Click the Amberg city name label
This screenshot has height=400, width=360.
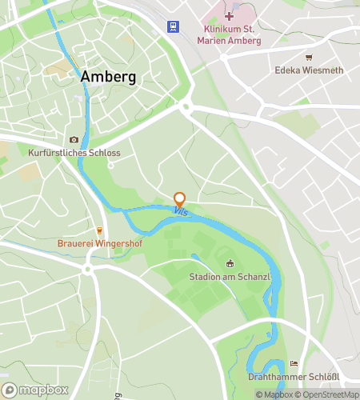(108, 77)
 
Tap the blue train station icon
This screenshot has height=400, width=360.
(173, 27)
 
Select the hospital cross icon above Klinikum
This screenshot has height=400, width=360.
(229, 16)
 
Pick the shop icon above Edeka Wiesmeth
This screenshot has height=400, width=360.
(309, 58)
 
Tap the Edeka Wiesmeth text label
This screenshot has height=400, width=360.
(309, 70)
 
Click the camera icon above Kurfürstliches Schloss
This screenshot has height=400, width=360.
(74, 139)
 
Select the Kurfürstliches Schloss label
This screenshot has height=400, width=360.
(74, 152)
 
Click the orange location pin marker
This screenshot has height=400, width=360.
(179, 199)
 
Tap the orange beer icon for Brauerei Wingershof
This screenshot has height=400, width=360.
(99, 230)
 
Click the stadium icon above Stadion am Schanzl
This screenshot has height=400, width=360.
(229, 264)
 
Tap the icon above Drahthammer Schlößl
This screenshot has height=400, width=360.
(294, 364)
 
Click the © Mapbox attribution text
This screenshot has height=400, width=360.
(273, 394)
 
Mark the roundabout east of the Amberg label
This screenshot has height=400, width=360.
(186, 106)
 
